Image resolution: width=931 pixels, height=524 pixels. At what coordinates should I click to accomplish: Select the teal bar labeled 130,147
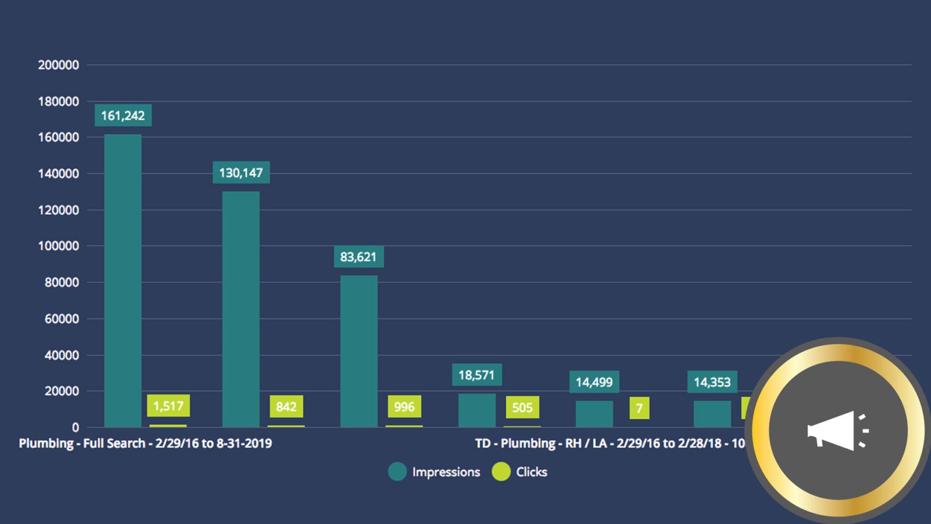coord(241,309)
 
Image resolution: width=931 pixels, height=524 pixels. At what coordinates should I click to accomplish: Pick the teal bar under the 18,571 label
coord(477,410)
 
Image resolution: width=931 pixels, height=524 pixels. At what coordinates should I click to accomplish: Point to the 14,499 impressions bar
coord(594,414)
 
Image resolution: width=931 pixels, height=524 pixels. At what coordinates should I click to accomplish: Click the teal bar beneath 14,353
coord(712,414)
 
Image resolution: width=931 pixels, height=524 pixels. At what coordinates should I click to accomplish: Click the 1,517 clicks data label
coord(168,406)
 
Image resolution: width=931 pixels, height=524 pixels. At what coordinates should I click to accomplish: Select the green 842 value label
coord(286,406)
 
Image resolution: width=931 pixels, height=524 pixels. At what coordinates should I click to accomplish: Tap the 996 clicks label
coord(404,406)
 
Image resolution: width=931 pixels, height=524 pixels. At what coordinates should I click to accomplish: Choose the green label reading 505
coord(523,407)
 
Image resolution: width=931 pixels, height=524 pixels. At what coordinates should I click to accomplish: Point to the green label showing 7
coord(639,408)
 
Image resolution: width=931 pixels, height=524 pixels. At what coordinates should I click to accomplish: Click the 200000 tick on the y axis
coord(58,65)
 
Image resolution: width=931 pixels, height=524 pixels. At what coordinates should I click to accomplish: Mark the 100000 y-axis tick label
coord(58,246)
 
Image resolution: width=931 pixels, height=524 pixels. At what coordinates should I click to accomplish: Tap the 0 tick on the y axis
coord(75,427)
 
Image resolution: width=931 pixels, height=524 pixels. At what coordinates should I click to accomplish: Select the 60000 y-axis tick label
coord(62,319)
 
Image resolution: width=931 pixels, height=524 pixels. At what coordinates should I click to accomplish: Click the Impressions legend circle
coord(397,472)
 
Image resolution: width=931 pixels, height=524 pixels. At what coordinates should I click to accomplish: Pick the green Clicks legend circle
coord(501,472)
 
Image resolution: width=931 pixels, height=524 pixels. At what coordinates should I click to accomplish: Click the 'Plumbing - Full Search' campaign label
coord(145,444)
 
